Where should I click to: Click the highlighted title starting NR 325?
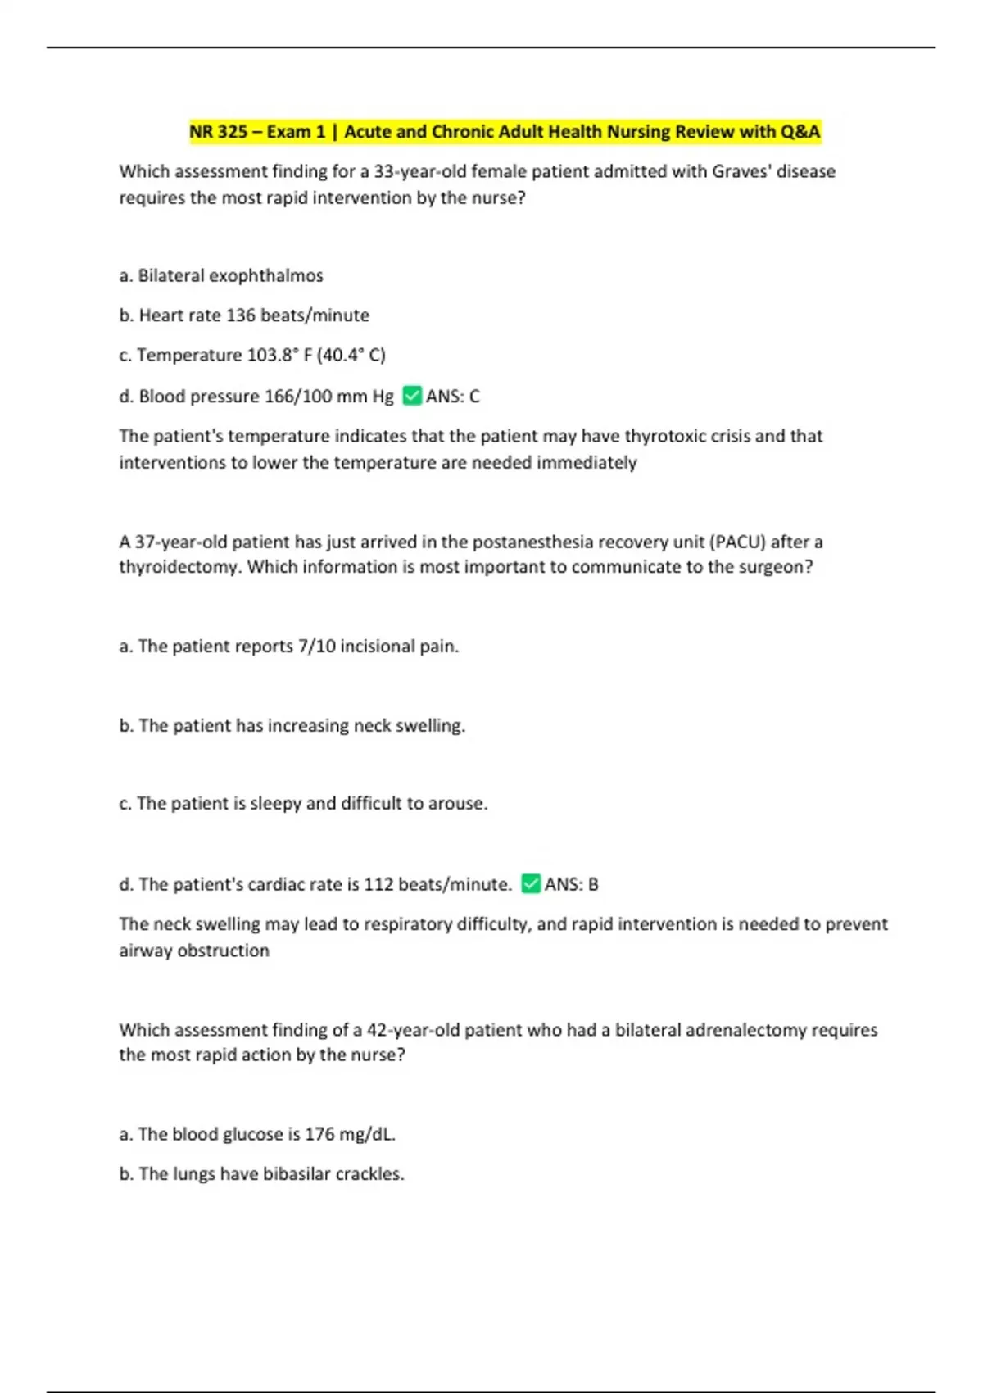click(505, 132)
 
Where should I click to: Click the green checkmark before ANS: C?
click(412, 397)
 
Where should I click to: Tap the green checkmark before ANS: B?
click(531, 884)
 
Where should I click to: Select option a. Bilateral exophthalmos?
click(221, 276)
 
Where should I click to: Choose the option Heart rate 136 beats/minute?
click(244, 315)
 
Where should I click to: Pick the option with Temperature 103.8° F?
click(252, 355)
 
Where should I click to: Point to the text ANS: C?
click(452, 397)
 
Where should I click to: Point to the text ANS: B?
click(571, 884)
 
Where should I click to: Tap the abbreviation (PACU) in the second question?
click(737, 542)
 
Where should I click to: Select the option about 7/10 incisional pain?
click(289, 647)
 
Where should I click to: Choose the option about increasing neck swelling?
click(292, 726)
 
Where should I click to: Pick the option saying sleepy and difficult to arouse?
click(303, 804)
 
